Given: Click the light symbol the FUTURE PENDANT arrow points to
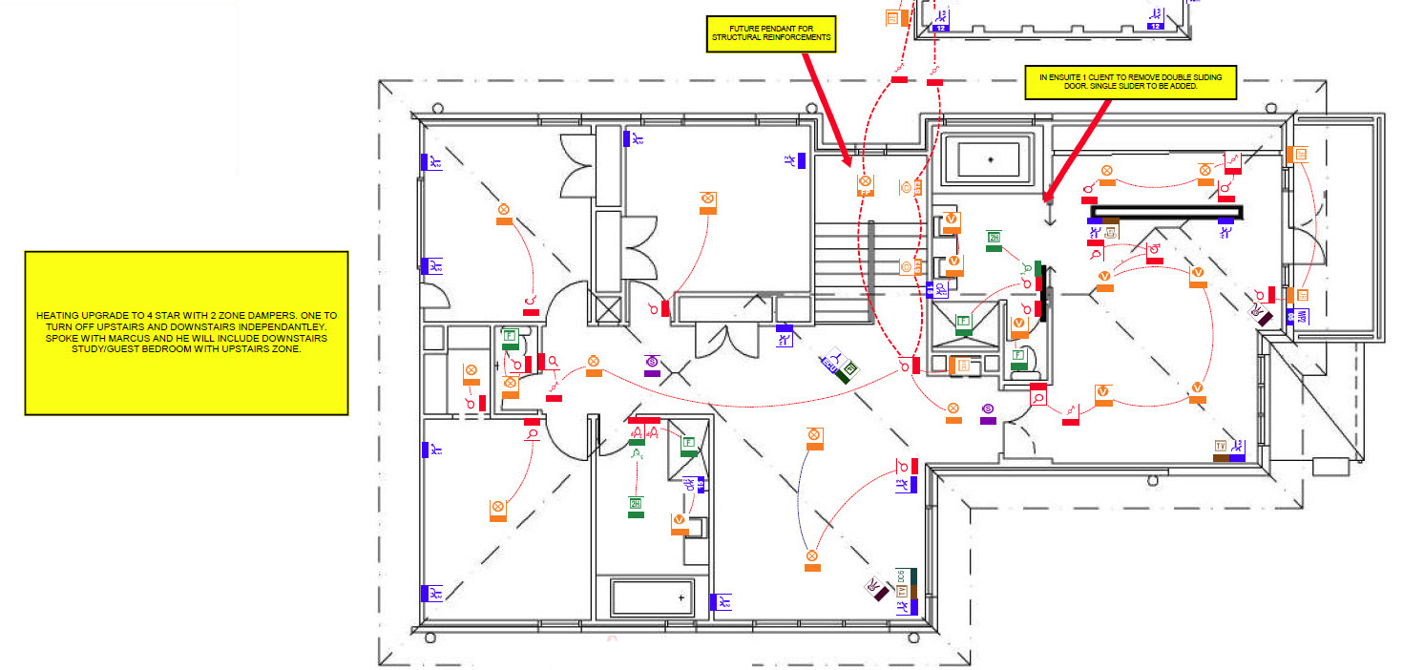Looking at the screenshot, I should (865, 181).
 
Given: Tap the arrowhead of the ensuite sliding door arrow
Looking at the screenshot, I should (1047, 198).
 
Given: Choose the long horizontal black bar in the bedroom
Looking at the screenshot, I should (1167, 211).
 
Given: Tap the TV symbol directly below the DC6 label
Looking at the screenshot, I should (901, 592).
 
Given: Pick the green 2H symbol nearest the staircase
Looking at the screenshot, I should (994, 238).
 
